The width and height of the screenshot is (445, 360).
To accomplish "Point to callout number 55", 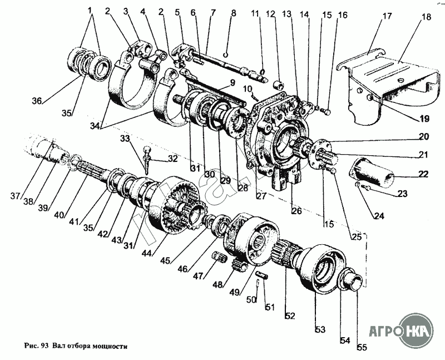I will point(362,348).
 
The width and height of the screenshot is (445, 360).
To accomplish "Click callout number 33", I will point(126,139).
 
